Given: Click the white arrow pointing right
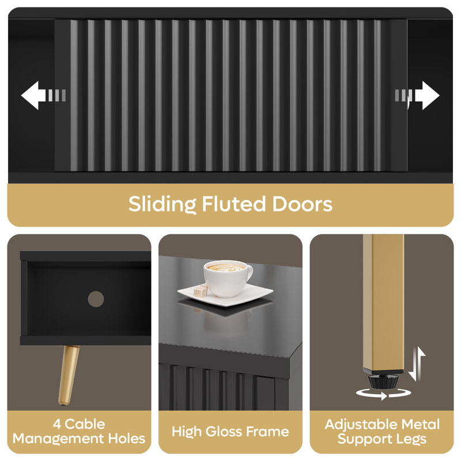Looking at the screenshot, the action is tap(426, 96).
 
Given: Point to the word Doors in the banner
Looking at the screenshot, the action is tap(303, 204).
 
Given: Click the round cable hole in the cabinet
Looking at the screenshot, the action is tap(96, 299).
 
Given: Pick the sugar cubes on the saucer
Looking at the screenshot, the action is tap(201, 290).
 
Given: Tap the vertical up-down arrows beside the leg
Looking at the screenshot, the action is tap(417, 364).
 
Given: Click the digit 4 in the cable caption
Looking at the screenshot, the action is tap(57, 424).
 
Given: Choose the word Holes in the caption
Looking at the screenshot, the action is tap(127, 439).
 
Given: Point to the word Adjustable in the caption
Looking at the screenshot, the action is tap(361, 425).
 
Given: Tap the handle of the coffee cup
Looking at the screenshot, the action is tap(249, 273).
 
